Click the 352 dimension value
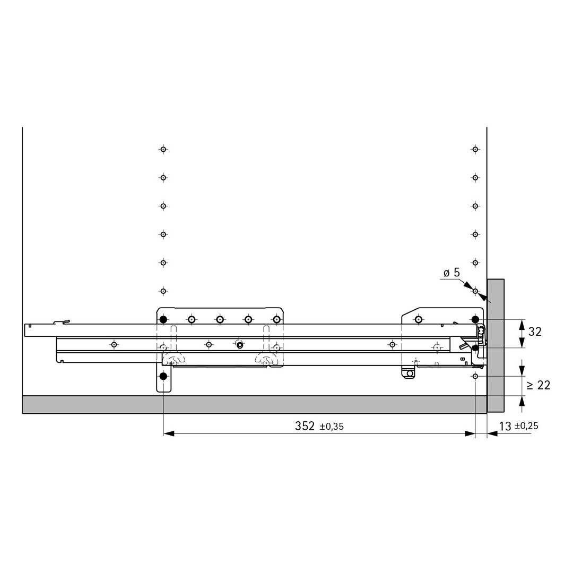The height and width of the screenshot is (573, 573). [x=305, y=426]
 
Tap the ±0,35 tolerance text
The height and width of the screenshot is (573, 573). [x=332, y=427]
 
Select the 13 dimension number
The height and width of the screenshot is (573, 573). [x=505, y=426]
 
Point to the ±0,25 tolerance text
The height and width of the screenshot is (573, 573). [x=527, y=426]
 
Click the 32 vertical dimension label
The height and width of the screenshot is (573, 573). [x=535, y=332]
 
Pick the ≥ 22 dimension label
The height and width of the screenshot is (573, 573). [x=539, y=385]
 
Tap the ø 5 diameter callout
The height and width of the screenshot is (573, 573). [x=452, y=273]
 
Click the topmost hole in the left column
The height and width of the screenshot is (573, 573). [x=163, y=149]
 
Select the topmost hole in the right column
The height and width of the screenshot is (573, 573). [x=475, y=149]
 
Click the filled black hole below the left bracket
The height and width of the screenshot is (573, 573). [x=163, y=376]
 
